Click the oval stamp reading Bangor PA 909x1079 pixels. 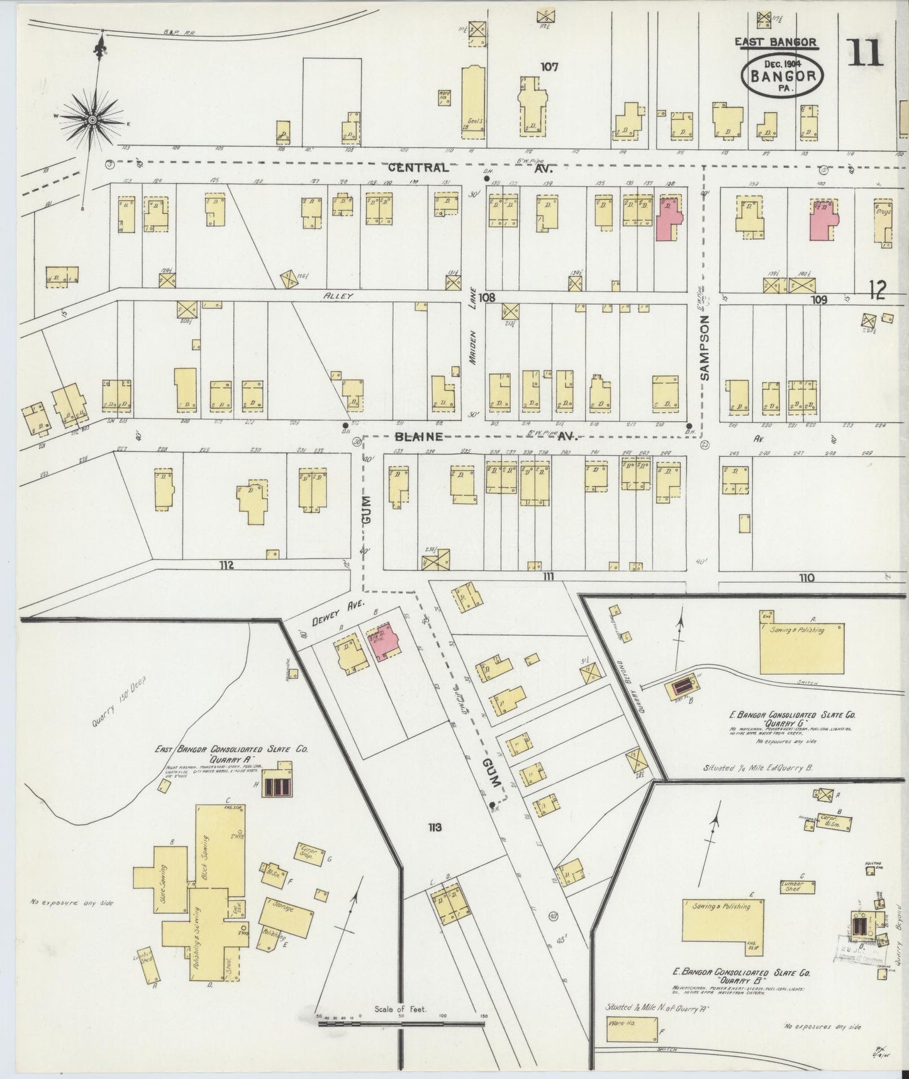pyautogui.click(x=783, y=75)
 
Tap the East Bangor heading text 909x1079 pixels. pyautogui.click(x=776, y=42)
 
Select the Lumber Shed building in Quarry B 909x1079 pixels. pyautogui.click(x=798, y=887)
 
